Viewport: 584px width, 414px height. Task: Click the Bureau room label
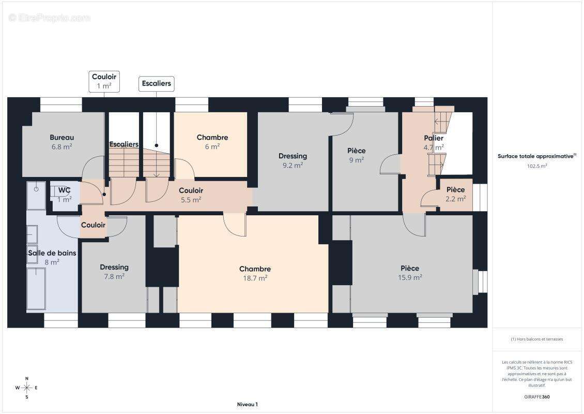[62, 137]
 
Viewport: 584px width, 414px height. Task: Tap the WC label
[65, 190]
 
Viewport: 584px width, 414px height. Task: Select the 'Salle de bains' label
[52, 253]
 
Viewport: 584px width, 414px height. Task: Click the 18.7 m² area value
[255, 278]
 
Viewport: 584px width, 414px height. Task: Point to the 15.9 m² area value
[410, 277]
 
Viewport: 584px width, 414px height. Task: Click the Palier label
[434, 138]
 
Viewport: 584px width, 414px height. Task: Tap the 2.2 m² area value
[455, 199]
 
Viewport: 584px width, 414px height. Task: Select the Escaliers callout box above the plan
[157, 83]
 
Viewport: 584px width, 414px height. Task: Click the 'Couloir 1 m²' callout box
[104, 81]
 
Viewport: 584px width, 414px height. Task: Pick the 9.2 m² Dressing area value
[293, 165]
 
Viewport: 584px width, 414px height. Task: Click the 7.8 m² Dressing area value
[114, 276]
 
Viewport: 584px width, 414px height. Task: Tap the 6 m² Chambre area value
[212, 146]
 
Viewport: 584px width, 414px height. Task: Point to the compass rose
[26, 388]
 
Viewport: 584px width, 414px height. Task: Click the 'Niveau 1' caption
[248, 404]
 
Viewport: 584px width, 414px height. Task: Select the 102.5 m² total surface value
[537, 166]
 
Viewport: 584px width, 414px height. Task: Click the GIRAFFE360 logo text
[536, 397]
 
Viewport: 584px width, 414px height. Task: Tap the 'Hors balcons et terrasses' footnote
[536, 339]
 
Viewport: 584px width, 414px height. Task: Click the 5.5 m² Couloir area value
[191, 200]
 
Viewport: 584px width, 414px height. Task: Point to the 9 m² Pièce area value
[357, 160]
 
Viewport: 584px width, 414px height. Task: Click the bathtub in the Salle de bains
[36, 288]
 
